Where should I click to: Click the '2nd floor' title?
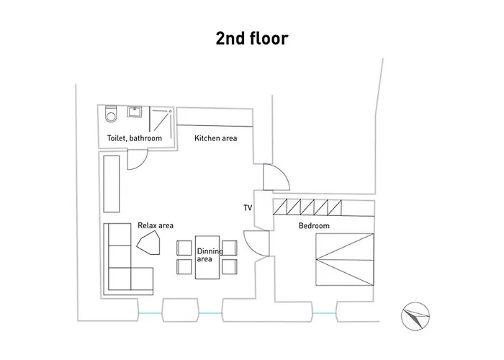tap(252, 38)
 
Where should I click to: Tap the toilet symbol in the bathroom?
tap(111, 114)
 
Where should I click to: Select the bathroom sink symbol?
tap(135, 112)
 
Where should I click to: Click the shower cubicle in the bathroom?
tap(161, 120)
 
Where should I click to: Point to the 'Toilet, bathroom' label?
tap(135, 138)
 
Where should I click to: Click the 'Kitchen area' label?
tap(216, 138)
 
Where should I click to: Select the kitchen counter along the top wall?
tap(215, 117)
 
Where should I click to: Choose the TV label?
tap(248, 208)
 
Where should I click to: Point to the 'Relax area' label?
tap(156, 225)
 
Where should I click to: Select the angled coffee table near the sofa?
tap(149, 243)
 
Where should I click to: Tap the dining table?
tap(207, 257)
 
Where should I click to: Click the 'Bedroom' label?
tap(314, 225)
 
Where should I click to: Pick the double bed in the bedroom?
tap(345, 259)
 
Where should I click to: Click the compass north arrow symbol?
tap(415, 316)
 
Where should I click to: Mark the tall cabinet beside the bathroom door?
tap(112, 184)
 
